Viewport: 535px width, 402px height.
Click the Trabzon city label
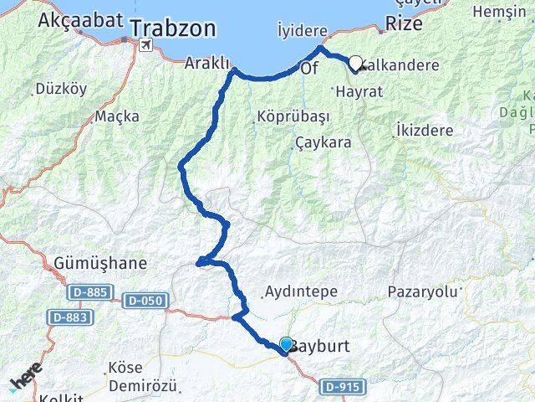pos(185,28)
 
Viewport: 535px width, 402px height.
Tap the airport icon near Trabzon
pos(147,44)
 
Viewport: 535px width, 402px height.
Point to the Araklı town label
pos(206,64)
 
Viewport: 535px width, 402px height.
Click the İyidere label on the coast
pos(302,30)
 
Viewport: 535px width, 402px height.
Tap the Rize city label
pos(404,23)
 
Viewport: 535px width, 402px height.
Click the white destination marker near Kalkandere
pos(355,63)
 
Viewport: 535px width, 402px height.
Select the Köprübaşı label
pos(283,116)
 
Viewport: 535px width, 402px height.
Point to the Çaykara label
pos(323,143)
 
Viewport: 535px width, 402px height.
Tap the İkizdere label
pos(425,131)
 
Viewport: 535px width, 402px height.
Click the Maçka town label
pos(116,116)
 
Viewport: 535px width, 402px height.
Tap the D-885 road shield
pos(88,291)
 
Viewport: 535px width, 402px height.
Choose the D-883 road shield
pos(70,317)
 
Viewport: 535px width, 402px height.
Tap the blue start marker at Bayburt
pos(286,344)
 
